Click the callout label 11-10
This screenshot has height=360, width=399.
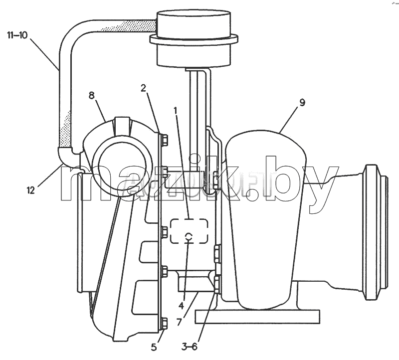(x=17, y=35)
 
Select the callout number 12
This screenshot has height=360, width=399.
(x=31, y=190)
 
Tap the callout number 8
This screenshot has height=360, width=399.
(x=92, y=95)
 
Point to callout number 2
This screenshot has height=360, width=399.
(x=144, y=88)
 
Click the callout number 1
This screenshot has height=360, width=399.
(x=175, y=111)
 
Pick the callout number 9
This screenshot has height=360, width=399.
(x=302, y=103)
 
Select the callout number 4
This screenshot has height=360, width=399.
(x=181, y=306)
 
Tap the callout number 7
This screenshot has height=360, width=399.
(x=179, y=322)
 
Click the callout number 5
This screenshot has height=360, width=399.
(x=154, y=347)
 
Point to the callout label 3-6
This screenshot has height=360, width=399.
(x=190, y=347)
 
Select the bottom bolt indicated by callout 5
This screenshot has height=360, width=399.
(x=165, y=323)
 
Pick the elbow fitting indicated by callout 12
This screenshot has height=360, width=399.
(x=67, y=157)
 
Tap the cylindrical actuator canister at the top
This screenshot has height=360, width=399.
(x=194, y=38)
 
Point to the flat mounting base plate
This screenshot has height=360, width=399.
(x=257, y=317)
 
